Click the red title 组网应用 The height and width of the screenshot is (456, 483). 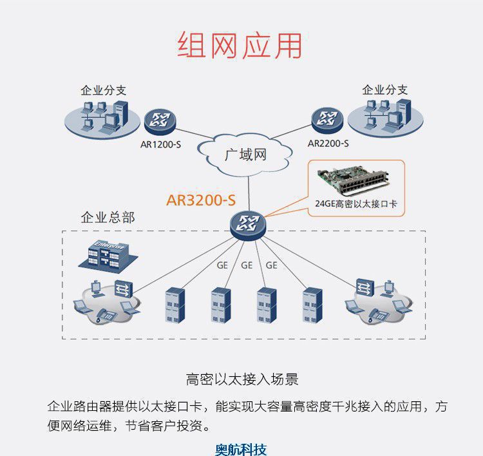(x=240, y=45)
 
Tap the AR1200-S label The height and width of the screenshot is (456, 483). (x=160, y=144)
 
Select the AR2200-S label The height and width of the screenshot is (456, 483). (x=328, y=143)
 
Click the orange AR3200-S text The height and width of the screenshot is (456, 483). (x=201, y=200)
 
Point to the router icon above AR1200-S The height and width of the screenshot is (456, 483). (x=160, y=122)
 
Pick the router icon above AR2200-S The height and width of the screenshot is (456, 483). (x=327, y=120)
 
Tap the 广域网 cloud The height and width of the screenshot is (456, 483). (x=244, y=155)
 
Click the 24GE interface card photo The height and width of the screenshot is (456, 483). (x=354, y=182)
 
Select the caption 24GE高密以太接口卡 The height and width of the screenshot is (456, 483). (x=356, y=204)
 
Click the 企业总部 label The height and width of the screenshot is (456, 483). (x=108, y=218)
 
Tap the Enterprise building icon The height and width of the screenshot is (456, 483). (x=108, y=254)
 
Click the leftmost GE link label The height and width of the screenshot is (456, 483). (x=222, y=265)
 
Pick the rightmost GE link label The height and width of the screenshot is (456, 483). (x=271, y=265)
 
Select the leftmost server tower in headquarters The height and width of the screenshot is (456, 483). (x=175, y=305)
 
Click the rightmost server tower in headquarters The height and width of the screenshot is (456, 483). (x=312, y=305)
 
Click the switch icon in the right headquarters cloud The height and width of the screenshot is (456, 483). (x=365, y=287)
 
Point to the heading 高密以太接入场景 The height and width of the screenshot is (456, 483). (x=242, y=379)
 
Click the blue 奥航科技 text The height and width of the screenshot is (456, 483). (x=241, y=450)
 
